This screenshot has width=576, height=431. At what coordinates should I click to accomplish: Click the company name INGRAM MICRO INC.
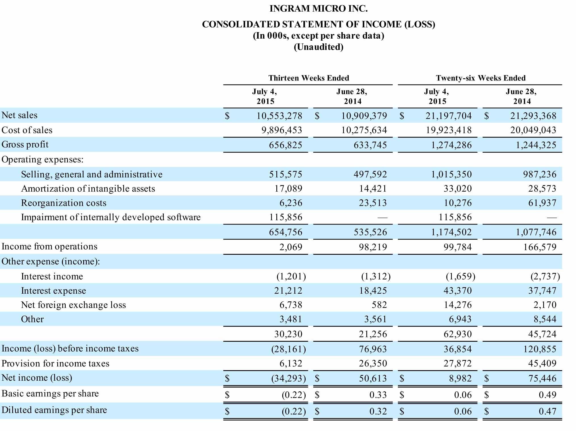(318, 9)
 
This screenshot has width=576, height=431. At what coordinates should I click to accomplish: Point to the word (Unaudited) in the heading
(318, 47)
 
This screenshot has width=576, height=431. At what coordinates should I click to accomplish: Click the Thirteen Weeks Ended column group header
(309, 78)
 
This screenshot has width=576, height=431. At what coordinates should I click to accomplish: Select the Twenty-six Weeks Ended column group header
(481, 78)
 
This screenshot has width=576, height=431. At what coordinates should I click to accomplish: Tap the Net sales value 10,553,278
(279, 116)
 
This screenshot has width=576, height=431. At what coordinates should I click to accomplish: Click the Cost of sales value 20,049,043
(533, 130)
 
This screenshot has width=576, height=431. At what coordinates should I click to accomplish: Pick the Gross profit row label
(25, 144)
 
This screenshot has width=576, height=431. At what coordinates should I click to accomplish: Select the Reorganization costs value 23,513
(373, 203)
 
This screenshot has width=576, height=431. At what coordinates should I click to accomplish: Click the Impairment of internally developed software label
(111, 217)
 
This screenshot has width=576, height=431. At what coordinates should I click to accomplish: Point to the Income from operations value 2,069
(291, 247)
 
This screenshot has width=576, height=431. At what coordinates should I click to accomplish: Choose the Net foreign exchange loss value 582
(379, 305)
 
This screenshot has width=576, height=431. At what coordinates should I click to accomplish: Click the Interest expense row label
(53, 291)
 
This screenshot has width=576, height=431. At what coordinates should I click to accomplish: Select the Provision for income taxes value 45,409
(542, 363)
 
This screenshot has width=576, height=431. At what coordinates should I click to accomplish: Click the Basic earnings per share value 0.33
(378, 395)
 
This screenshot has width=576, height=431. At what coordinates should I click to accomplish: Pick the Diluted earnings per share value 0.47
(547, 411)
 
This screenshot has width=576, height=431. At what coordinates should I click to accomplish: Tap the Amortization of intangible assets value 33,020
(458, 189)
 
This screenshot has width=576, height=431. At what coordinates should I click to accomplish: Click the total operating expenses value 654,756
(285, 232)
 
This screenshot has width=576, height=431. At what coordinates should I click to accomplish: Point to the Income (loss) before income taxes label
(70, 349)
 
